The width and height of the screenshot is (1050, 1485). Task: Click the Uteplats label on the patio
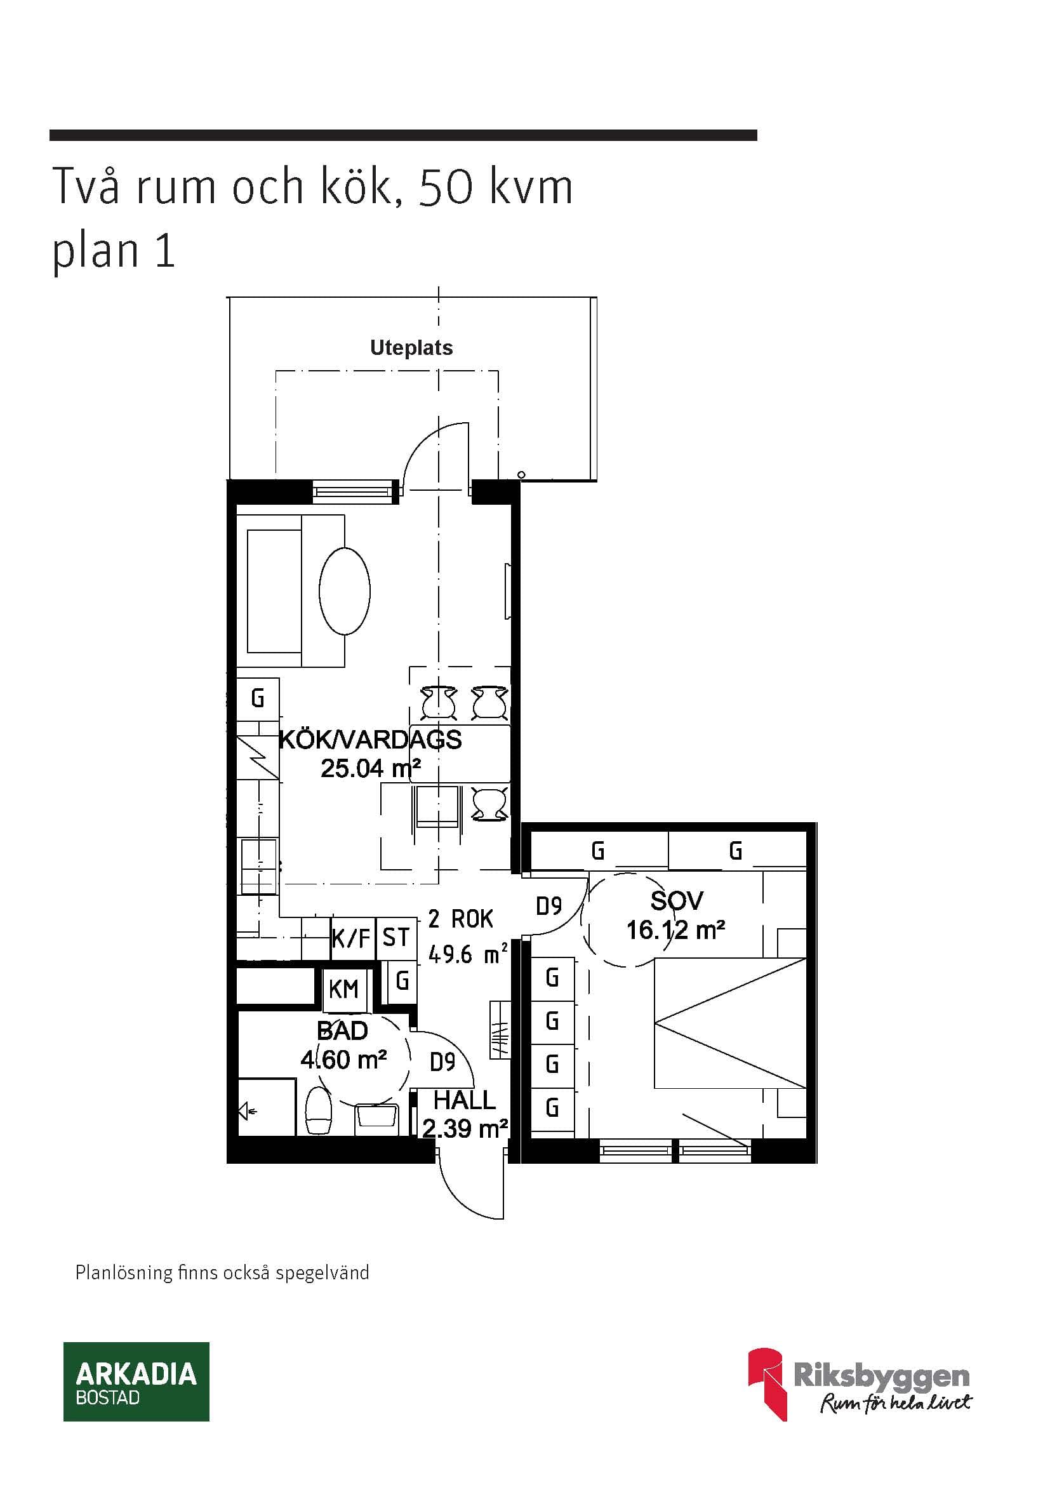(x=411, y=348)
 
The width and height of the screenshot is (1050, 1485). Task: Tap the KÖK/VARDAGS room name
(x=371, y=739)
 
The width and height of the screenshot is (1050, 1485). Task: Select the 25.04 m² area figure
(x=371, y=768)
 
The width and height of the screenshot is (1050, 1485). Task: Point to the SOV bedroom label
(x=677, y=900)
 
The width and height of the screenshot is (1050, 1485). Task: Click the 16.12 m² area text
(x=675, y=930)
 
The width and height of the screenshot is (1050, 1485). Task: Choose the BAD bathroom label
(x=343, y=1030)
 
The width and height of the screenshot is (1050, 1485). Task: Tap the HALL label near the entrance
(x=464, y=1100)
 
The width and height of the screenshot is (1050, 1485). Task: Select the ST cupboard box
(x=395, y=938)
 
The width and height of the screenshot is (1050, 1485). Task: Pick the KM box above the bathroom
(x=344, y=989)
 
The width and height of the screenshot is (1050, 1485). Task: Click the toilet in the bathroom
(x=317, y=1110)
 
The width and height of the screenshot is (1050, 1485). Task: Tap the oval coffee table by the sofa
(x=345, y=591)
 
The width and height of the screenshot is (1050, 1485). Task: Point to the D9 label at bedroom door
(x=549, y=906)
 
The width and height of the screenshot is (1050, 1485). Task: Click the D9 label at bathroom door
(x=442, y=1062)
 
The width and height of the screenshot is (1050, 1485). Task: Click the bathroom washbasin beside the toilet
(x=376, y=1119)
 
